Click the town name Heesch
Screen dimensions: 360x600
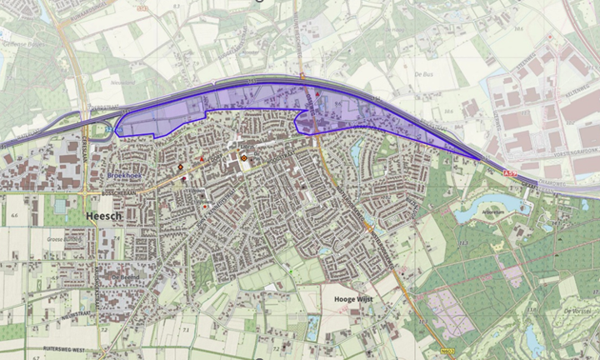tap(104, 216)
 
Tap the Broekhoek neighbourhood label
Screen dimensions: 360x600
tap(127, 177)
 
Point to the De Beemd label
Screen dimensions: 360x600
tap(120, 277)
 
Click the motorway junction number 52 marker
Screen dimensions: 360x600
tap(107, 129)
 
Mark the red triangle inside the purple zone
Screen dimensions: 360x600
tap(317, 97)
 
